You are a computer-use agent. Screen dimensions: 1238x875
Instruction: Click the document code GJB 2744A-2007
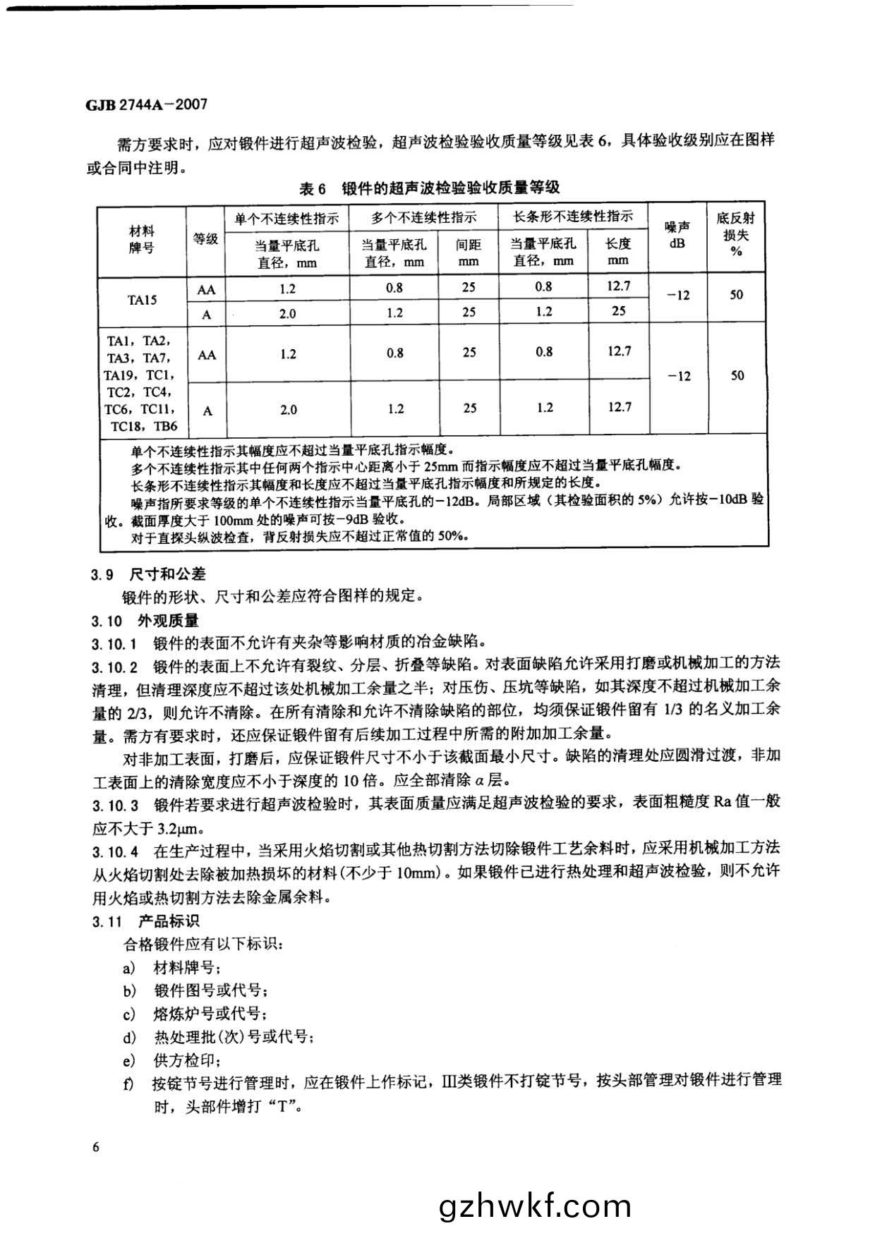point(147,104)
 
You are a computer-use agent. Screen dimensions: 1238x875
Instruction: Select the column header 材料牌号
point(142,240)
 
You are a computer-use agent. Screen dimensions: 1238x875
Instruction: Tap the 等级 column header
point(205,239)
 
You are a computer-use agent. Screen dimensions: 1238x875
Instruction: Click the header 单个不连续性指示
point(287,218)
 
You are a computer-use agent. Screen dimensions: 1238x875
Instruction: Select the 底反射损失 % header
point(736,234)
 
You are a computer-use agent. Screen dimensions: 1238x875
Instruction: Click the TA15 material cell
point(142,299)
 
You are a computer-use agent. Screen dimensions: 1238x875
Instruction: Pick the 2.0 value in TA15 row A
point(287,313)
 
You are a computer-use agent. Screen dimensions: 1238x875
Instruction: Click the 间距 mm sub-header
point(469,253)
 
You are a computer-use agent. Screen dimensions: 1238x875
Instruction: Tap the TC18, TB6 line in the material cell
point(141,426)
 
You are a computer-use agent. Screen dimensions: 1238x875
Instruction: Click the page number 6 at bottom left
point(96,1146)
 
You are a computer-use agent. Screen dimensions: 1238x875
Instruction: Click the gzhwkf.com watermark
point(535,1206)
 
